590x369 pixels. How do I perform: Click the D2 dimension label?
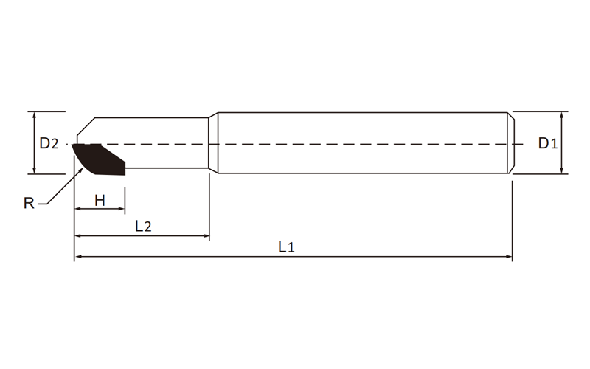tap(49, 143)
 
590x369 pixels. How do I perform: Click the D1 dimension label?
tap(548, 143)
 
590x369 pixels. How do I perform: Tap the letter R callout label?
tap(29, 204)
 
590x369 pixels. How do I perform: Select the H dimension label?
tap(100, 201)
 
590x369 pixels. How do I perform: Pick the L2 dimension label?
tap(143, 226)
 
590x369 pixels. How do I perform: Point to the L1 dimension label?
tap(286, 247)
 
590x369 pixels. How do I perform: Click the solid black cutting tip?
tap(99, 159)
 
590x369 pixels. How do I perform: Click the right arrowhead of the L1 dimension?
tap(509, 257)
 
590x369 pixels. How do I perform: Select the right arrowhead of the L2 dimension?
tap(206, 236)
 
